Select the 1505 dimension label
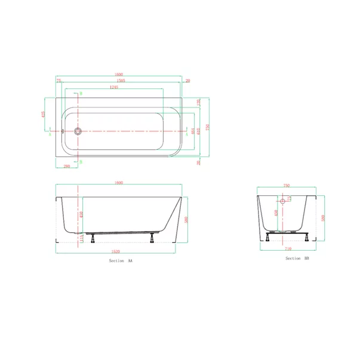[x=120, y=81]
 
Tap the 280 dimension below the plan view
[x=67, y=166]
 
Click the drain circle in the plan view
[x=78, y=131]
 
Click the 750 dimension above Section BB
[x=287, y=186]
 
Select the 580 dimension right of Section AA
[x=187, y=219]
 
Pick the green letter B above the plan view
[x=81, y=94]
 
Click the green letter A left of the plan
[x=50, y=135]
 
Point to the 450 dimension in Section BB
[x=276, y=213]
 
